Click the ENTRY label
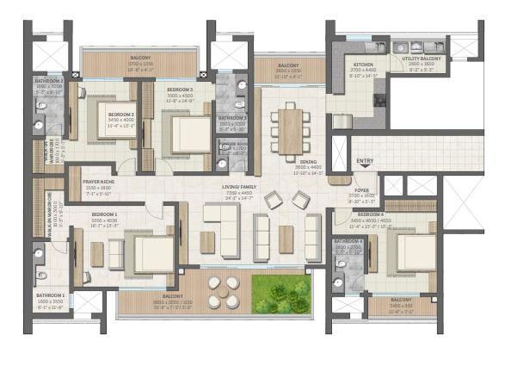tap(365, 161)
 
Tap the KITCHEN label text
tap(363, 65)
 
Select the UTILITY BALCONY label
tap(421, 59)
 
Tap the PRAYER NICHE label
tap(97, 182)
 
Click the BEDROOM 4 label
tap(371, 214)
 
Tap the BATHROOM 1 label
tap(50, 295)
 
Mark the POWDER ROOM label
tap(233, 144)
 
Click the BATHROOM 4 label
tap(349, 243)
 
